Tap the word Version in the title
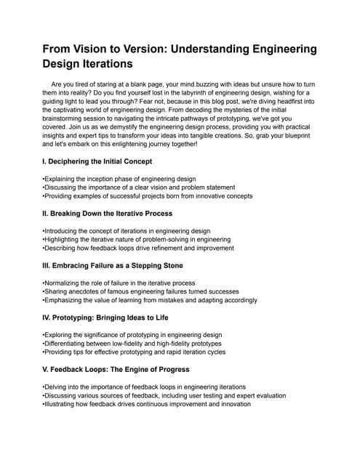[x=161, y=50]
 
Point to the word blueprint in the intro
[x=297, y=134]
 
